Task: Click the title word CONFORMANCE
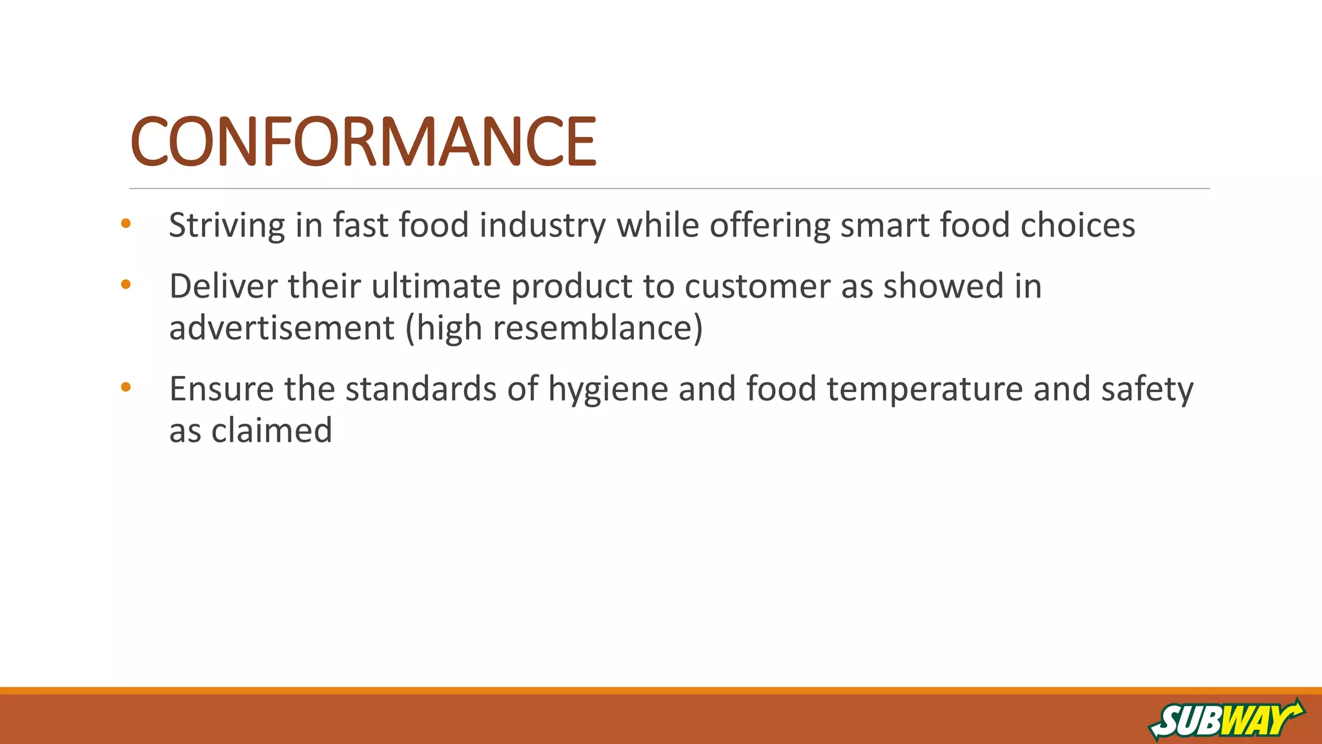(x=363, y=141)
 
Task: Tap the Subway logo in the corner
(x=1226, y=719)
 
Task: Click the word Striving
(x=227, y=226)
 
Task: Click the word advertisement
(x=281, y=327)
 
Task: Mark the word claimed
(x=272, y=430)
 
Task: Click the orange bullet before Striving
(x=126, y=224)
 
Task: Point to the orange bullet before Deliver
(x=126, y=284)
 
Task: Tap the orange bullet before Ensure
(x=126, y=387)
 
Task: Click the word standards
(x=420, y=389)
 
